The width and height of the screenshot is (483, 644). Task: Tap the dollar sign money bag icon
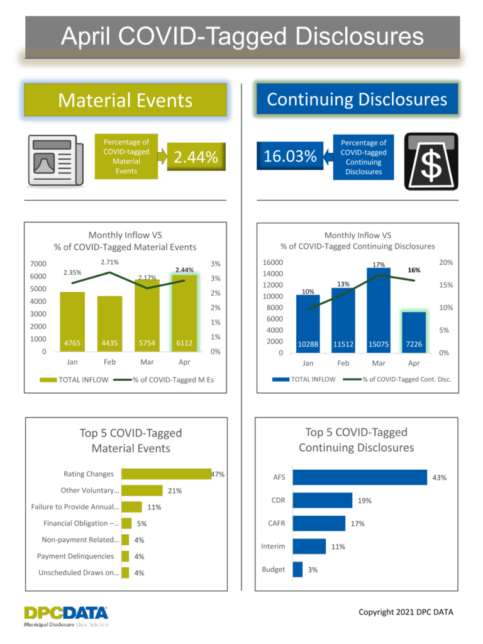click(430, 160)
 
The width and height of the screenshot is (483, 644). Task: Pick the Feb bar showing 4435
click(110, 323)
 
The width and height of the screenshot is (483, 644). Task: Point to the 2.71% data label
click(109, 262)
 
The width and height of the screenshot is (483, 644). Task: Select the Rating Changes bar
click(166, 474)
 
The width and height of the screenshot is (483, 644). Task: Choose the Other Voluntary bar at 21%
click(142, 491)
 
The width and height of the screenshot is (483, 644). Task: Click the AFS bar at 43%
click(360, 477)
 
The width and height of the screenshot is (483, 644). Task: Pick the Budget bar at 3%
click(297, 569)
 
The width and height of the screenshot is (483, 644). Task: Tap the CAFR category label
click(277, 523)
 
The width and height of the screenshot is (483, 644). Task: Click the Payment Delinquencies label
click(75, 556)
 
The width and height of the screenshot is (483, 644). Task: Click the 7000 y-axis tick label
click(38, 264)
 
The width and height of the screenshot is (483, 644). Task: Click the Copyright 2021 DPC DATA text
click(405, 612)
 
